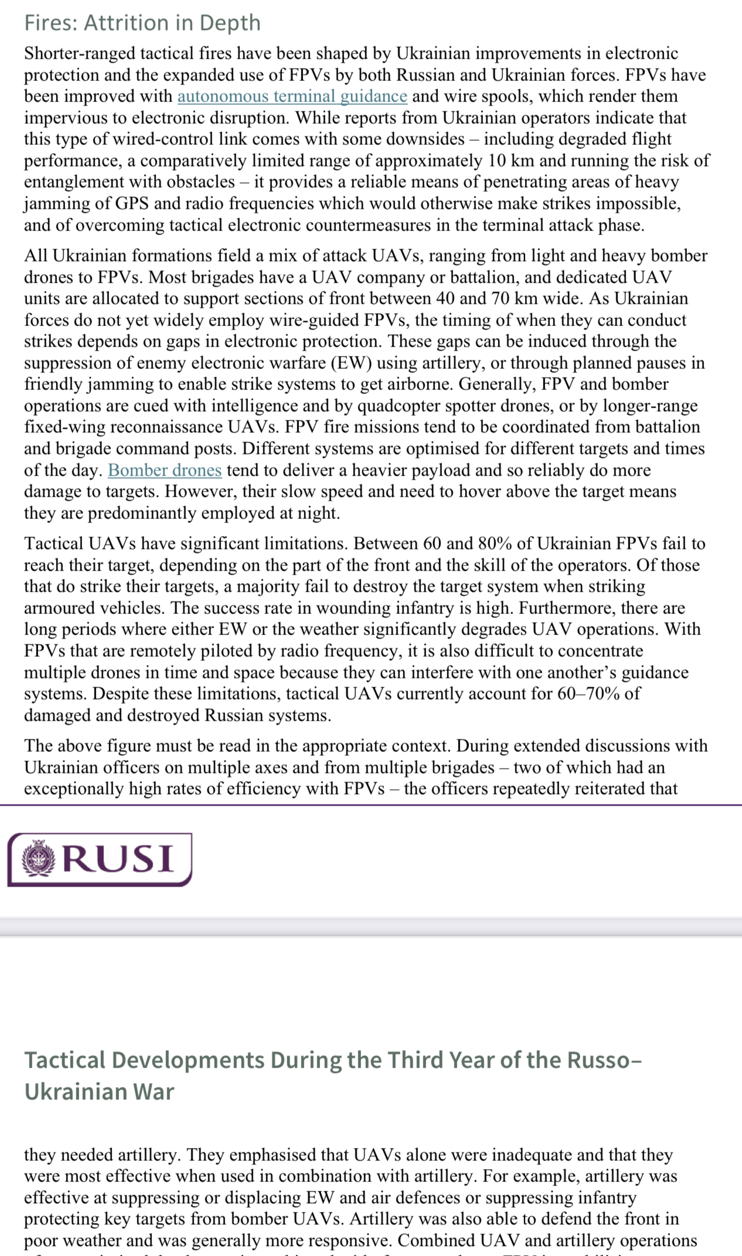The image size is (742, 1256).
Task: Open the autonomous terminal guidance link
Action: pos(292,96)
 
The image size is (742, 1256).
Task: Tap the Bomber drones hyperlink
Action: pos(165,470)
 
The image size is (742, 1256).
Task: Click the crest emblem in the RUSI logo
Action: pos(39,858)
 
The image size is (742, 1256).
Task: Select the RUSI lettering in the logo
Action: pos(118,859)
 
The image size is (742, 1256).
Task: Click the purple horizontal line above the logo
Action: pos(371,805)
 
